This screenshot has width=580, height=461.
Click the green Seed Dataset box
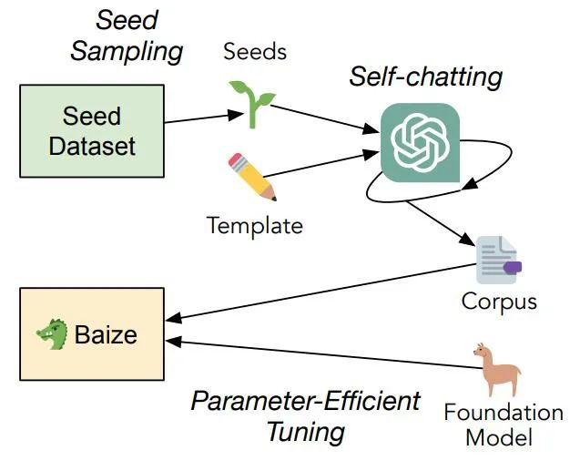[x=91, y=130]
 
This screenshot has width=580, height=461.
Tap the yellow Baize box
[x=91, y=333]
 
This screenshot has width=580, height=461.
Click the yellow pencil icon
[x=251, y=176]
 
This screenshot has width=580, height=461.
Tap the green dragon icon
[x=53, y=333]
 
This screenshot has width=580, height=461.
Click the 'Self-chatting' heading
[x=425, y=77]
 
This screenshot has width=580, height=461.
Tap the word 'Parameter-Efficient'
[x=306, y=401]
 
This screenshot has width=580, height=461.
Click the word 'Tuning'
[x=306, y=430]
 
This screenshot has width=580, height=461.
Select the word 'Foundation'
[x=503, y=412]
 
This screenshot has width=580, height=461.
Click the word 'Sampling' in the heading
[x=127, y=50]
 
